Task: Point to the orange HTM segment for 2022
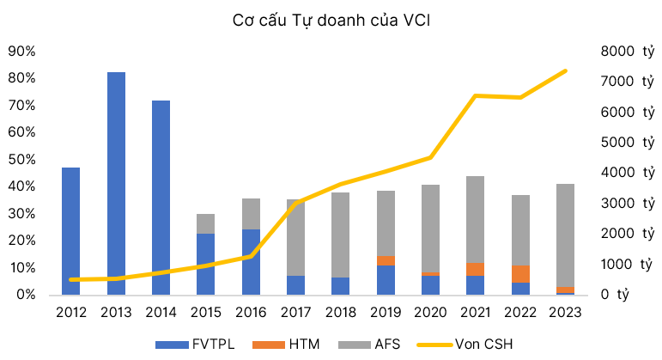click(520, 274)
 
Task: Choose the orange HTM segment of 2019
click(386, 260)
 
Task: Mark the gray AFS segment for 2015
click(205, 223)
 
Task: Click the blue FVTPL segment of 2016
click(251, 261)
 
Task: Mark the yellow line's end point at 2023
click(565, 70)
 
